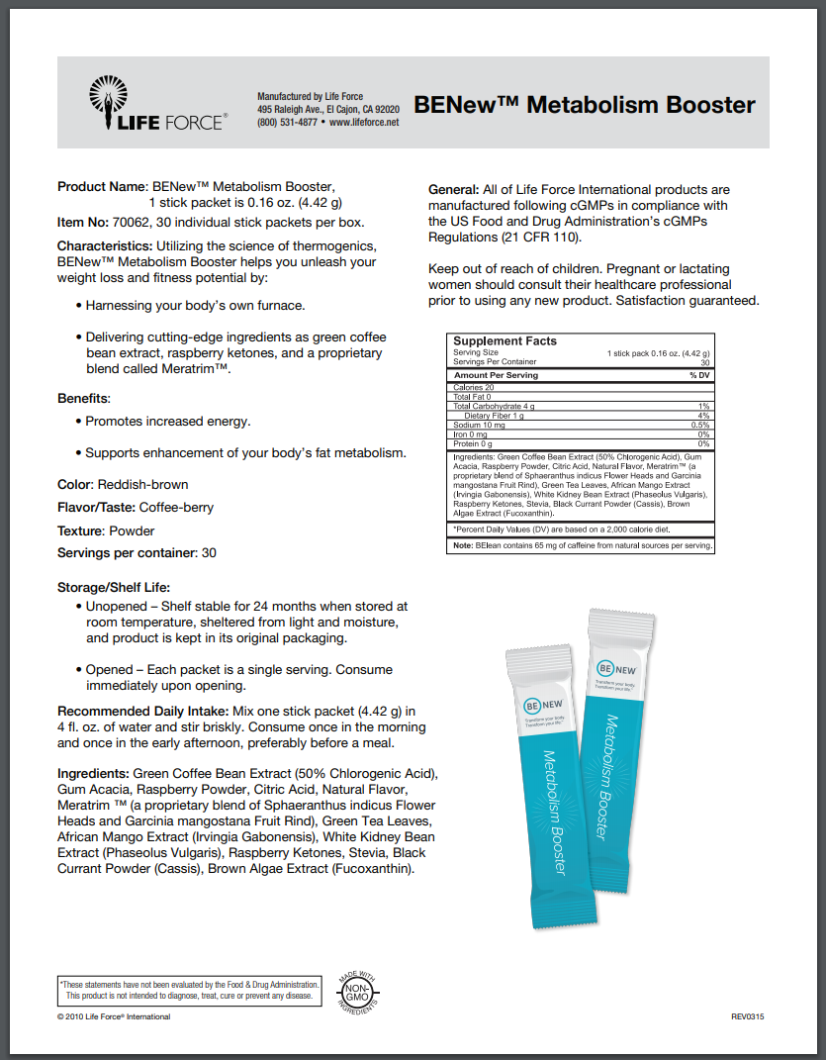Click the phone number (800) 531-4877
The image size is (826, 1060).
(287, 123)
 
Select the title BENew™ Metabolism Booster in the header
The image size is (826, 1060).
(585, 105)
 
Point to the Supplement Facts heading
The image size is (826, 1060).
(505, 341)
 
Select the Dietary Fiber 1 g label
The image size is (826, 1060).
(490, 416)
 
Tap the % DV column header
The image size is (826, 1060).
(699, 376)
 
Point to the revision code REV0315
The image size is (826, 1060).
(747, 1016)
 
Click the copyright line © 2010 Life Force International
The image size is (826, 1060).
(114, 1016)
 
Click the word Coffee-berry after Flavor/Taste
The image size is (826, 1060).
(176, 508)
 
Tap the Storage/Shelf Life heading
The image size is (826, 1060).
(114, 588)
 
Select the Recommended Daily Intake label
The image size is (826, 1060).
(141, 712)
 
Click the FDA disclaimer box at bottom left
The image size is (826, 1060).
(190, 990)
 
